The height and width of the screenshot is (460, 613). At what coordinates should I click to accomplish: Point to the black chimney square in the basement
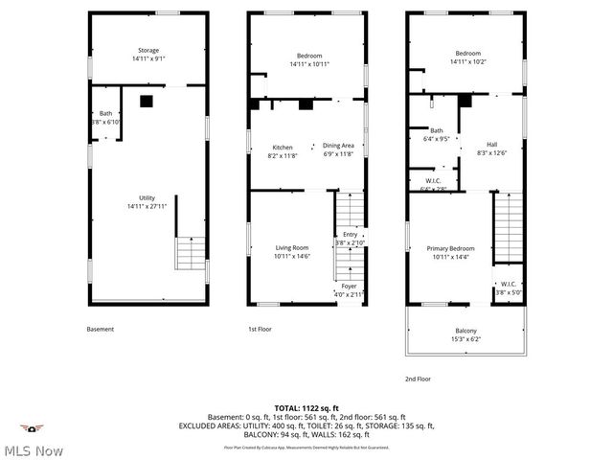(147, 100)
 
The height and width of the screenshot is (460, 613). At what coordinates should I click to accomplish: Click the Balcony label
(466, 334)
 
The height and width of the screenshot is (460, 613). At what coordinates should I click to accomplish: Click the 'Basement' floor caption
(100, 329)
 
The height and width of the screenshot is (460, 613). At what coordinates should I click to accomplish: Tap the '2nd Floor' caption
(418, 379)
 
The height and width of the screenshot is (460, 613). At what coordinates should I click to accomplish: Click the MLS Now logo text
(33, 450)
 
